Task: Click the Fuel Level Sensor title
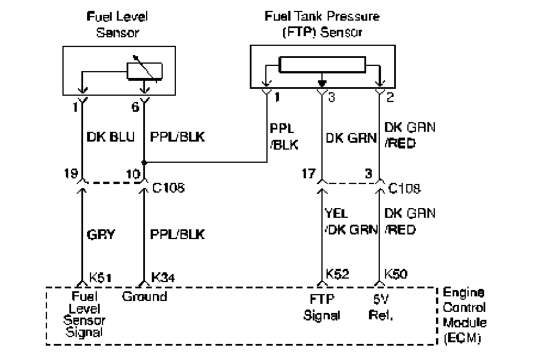tap(117, 24)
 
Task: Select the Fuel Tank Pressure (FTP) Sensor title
tap(322, 24)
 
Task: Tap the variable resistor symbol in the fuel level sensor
tap(144, 71)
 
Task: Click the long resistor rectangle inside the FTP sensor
tap(322, 65)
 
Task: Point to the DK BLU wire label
tap(111, 137)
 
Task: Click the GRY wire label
tap(101, 234)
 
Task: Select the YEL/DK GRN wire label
tap(351, 221)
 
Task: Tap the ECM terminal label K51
tap(100, 277)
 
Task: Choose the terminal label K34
tap(163, 277)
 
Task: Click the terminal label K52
tap(337, 274)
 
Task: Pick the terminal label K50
tap(396, 274)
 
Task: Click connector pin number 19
tap(71, 173)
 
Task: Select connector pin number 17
tap(309, 173)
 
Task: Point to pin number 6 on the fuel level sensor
tap(135, 107)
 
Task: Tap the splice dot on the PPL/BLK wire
tap(144, 162)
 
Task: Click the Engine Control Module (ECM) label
tap(465, 315)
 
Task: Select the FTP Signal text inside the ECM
tap(321, 308)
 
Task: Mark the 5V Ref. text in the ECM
tap(381, 308)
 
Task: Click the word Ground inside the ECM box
tap(144, 297)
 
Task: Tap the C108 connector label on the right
tap(404, 189)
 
